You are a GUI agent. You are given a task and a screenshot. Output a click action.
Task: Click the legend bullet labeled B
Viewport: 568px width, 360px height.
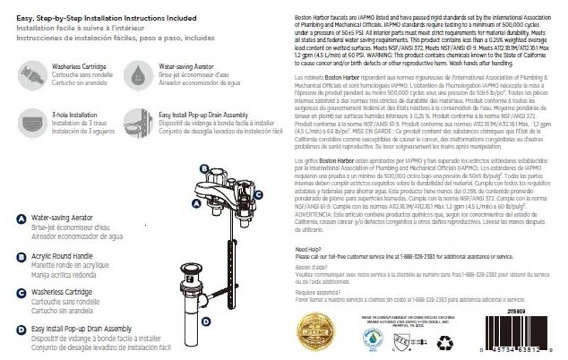click(x=21, y=256)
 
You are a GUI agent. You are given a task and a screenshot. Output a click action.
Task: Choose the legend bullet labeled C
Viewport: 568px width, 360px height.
click(x=21, y=292)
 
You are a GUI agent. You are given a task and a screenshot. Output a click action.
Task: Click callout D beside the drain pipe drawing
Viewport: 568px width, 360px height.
click(x=206, y=321)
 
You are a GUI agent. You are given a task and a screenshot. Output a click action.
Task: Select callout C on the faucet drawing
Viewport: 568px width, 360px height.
click(x=258, y=194)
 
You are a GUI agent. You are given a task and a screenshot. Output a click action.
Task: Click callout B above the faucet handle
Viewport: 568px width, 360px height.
click(x=204, y=169)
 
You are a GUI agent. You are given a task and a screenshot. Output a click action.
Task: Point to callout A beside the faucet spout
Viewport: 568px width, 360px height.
click(x=196, y=202)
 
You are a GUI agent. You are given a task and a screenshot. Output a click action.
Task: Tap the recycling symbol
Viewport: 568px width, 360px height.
click(x=445, y=342)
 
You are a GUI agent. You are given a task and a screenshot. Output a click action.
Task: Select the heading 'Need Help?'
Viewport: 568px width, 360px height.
click(x=307, y=249)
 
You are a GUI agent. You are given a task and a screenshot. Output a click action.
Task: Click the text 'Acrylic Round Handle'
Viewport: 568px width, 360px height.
click(x=60, y=256)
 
